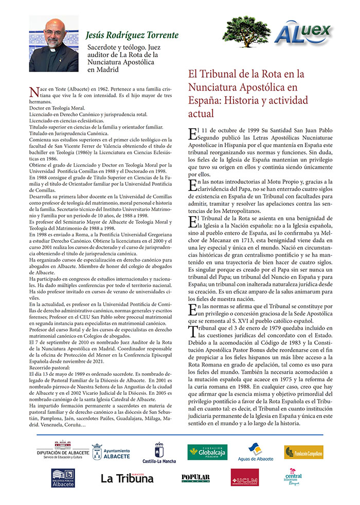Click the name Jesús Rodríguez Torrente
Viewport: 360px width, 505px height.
pyautogui.click(x=132, y=36)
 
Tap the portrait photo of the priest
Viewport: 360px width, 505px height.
pyautogui.click(x=53, y=44)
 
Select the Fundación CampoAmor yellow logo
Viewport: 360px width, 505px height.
pyautogui.click(x=303, y=452)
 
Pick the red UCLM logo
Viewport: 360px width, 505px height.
pyautogui.click(x=245, y=477)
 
